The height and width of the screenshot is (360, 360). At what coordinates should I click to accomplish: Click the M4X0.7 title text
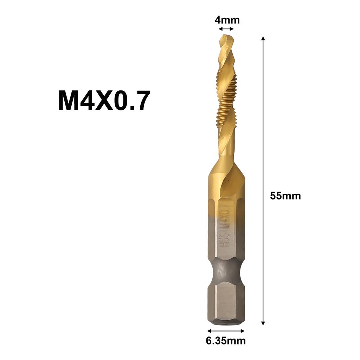click(104, 101)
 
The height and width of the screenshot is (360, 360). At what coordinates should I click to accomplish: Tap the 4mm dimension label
click(227, 20)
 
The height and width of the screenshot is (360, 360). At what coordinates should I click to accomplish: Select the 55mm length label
click(285, 196)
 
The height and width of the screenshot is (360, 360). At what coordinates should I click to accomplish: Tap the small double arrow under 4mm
click(226, 29)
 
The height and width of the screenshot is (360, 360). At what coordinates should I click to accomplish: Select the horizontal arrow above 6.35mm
click(226, 331)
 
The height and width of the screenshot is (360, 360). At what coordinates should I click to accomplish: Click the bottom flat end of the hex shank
click(226, 323)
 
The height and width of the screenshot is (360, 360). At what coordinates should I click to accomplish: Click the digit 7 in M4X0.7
click(143, 101)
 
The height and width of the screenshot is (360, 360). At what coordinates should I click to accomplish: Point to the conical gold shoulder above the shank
click(226, 172)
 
